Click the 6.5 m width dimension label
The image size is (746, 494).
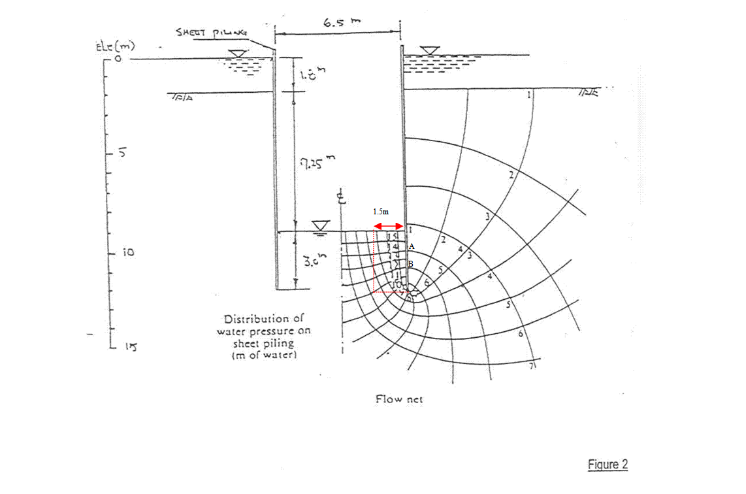[341, 23]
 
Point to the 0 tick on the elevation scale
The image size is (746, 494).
[118, 59]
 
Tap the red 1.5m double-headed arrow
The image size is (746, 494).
[389, 225]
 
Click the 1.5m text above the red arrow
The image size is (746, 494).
[380, 212]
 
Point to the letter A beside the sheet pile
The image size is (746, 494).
[412, 246]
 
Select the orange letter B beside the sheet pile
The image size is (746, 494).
[411, 263]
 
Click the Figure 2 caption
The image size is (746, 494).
[607, 465]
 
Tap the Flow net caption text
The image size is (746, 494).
[399, 399]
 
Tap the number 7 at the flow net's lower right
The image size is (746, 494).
[532, 367]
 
